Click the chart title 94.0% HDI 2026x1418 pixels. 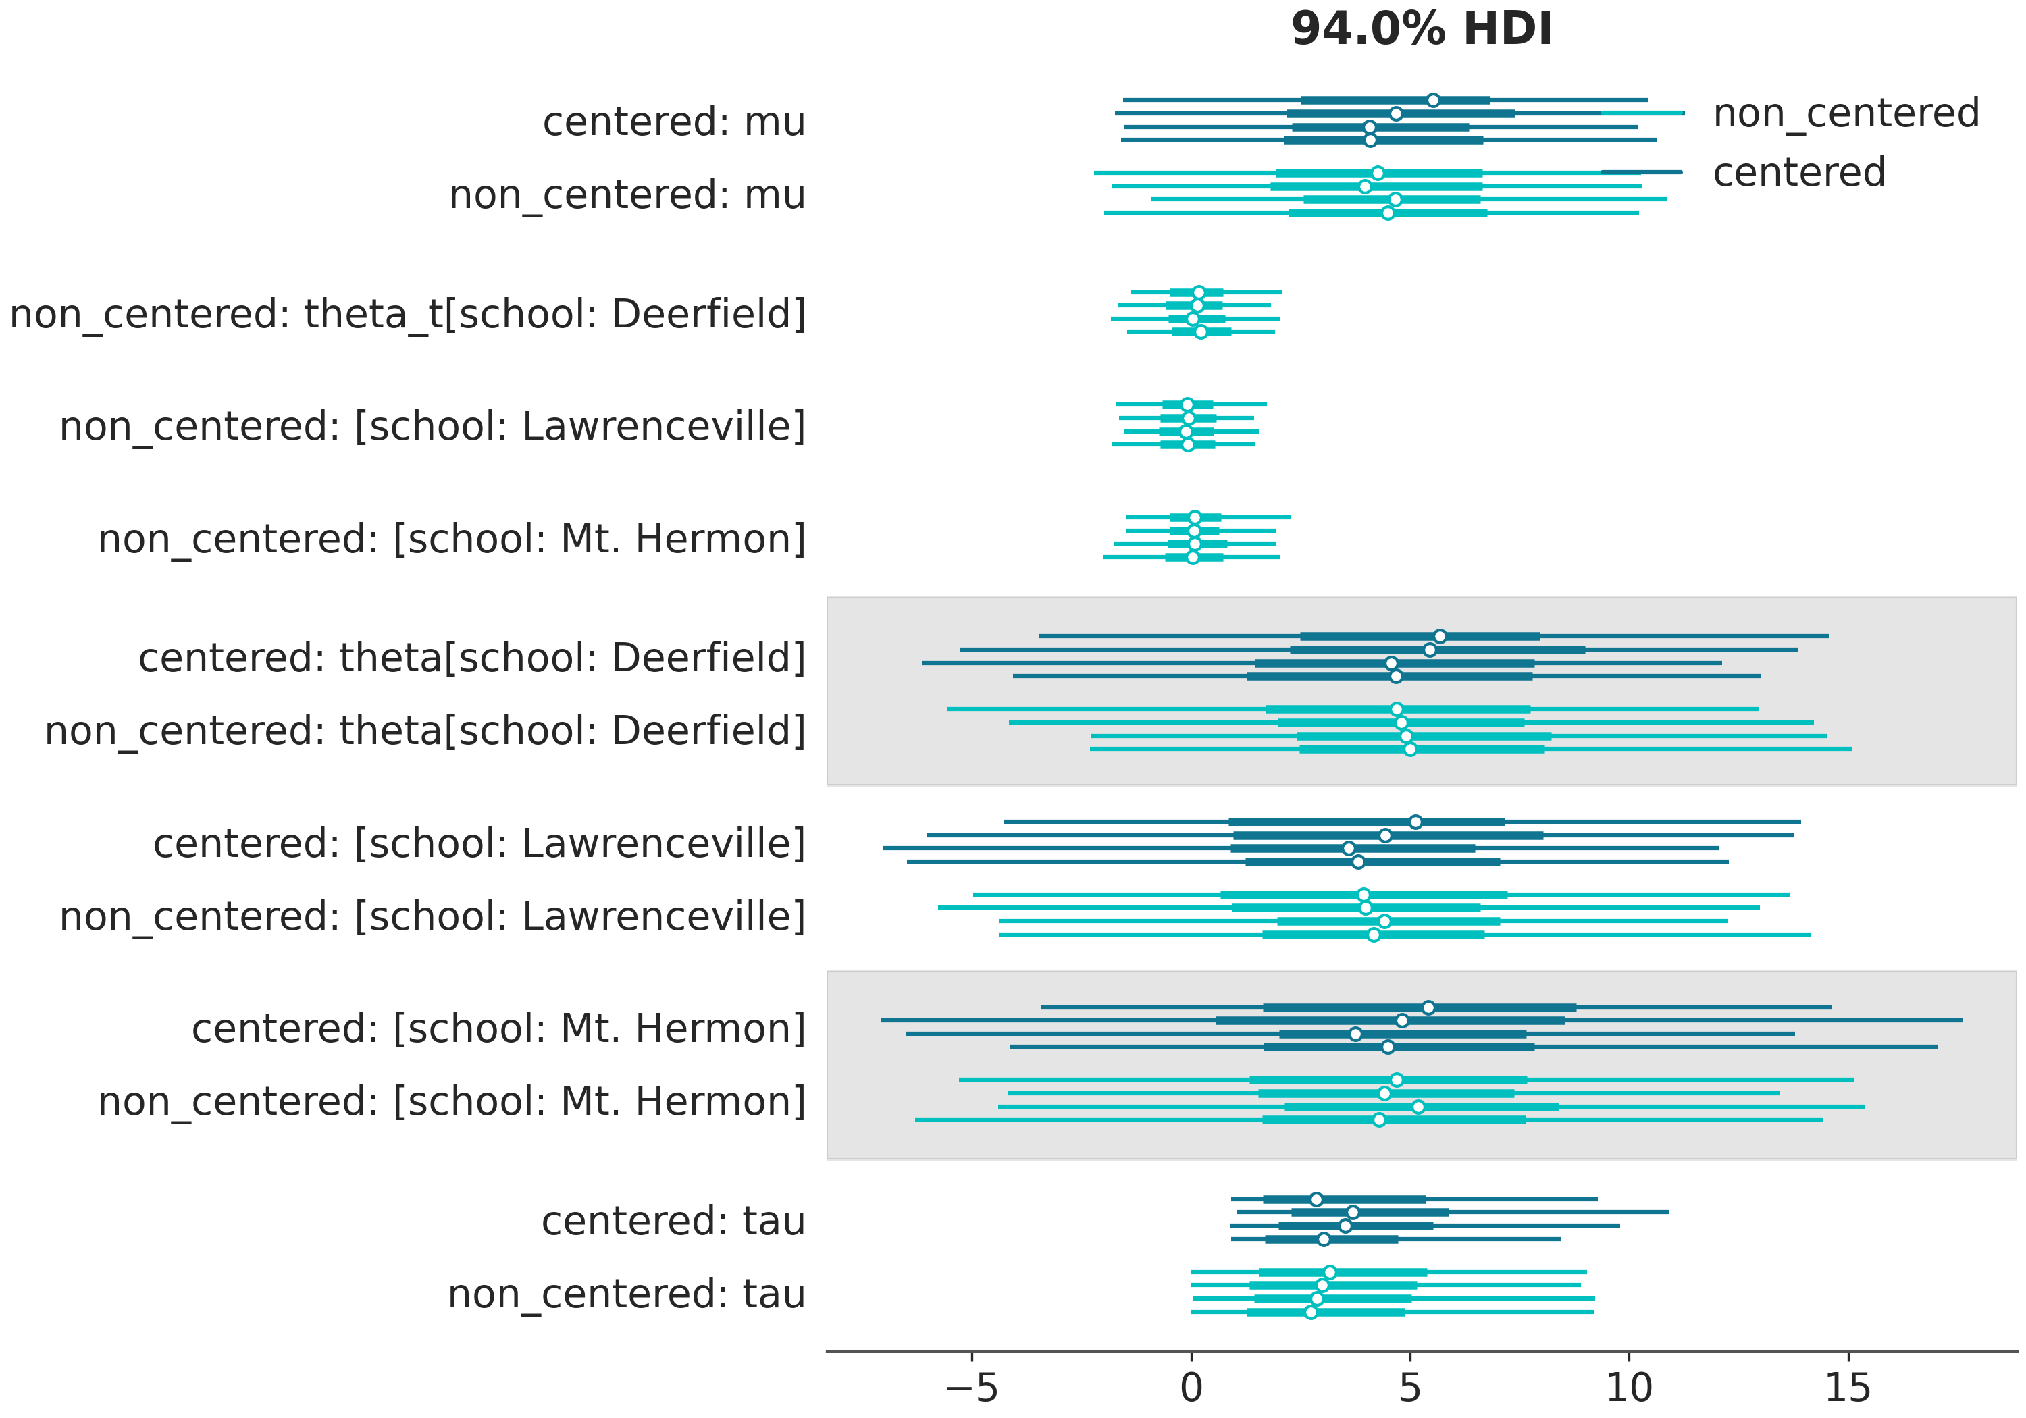[1421, 29]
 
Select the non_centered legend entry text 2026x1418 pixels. [1846, 113]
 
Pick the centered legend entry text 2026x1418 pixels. [1798, 172]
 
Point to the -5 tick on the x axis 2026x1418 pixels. [972, 1388]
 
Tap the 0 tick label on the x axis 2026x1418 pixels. [1191, 1388]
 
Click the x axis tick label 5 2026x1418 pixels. [1410, 1388]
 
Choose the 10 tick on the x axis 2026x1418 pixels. [1629, 1388]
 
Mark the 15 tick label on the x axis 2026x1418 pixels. [1848, 1388]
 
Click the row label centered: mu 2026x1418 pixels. [673, 122]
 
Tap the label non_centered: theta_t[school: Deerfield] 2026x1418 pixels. [408, 314]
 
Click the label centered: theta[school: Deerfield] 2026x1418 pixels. [472, 658]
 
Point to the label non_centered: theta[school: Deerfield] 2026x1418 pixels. [425, 731]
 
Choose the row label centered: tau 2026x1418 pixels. [673, 1222]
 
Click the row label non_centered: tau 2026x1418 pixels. [627, 1294]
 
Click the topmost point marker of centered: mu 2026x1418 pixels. [1433, 101]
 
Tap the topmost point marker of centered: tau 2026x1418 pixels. [1316, 1199]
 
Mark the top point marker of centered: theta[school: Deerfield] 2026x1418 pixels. [1440, 636]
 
